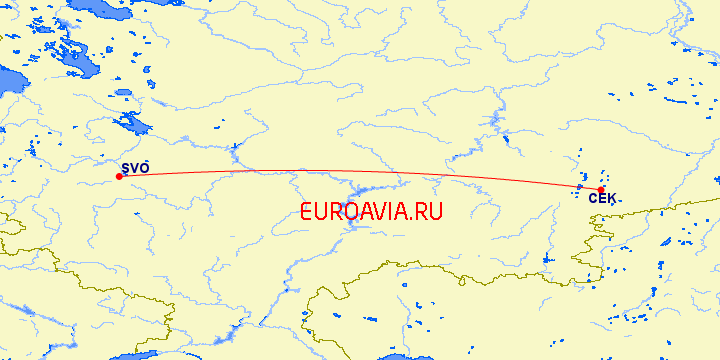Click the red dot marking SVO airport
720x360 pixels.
click(119, 177)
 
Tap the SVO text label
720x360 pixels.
click(135, 167)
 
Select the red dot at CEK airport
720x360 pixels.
click(601, 190)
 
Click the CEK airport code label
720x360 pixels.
click(602, 200)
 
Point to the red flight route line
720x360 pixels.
click(350, 172)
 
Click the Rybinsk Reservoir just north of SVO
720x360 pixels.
click(131, 125)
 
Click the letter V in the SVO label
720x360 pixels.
click(135, 167)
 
